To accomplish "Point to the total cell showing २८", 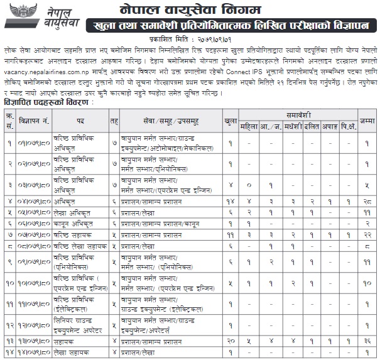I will (367, 200).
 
